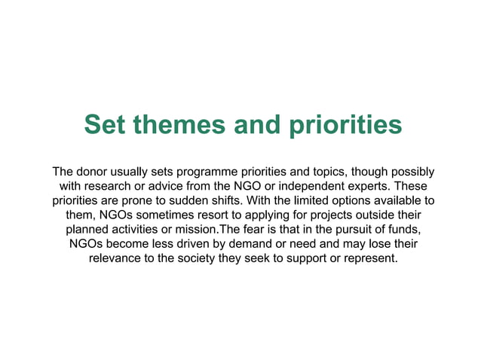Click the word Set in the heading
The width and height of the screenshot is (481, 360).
104,124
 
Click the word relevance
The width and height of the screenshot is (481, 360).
117,258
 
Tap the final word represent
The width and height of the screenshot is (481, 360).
367,258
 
